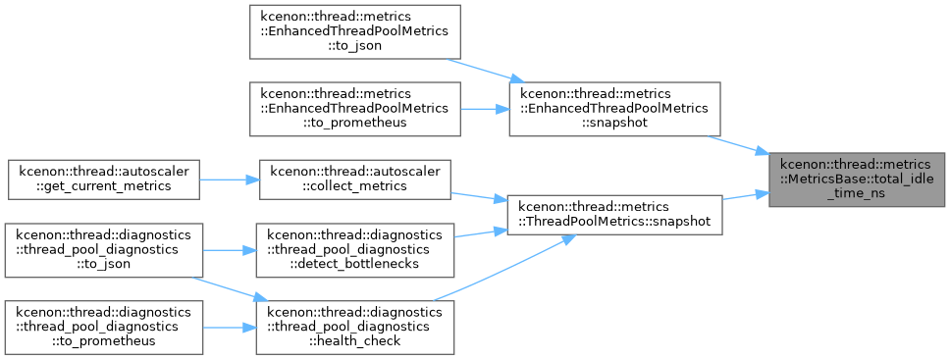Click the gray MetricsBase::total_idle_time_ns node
857,180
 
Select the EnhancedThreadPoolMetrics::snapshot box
614,109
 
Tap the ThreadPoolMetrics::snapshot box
614,215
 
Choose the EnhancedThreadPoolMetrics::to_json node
355,31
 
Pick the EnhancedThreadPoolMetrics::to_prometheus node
355,109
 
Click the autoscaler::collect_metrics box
354,180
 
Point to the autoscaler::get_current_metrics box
104,180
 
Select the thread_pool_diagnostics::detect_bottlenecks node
354,250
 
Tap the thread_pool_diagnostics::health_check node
354,328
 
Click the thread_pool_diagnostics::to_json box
104,250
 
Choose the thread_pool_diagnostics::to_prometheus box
104,328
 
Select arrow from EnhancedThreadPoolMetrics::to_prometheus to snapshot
485,109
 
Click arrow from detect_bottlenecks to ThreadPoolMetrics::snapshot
480,233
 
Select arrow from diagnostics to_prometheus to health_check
230,328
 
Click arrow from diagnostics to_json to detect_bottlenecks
230,250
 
